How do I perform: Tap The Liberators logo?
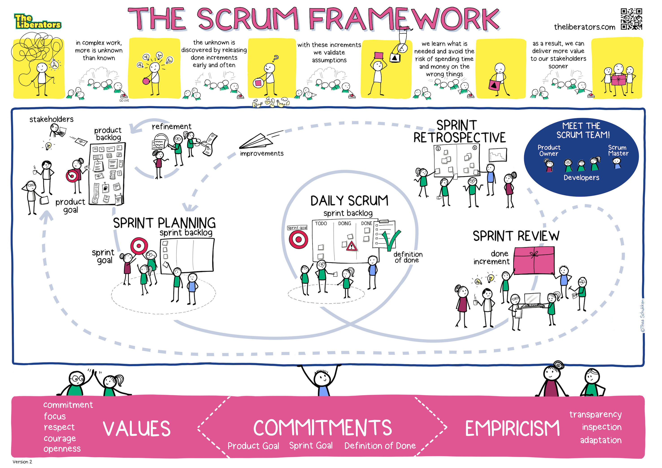point(37,22)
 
